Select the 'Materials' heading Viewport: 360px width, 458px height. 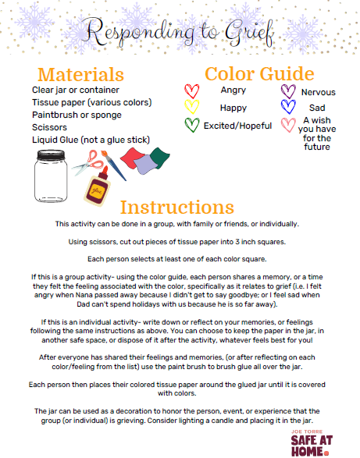[81, 75]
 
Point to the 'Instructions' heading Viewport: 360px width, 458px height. [179, 208]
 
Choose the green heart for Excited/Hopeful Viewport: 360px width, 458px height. [191, 125]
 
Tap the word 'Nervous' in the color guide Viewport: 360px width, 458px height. [318, 92]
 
